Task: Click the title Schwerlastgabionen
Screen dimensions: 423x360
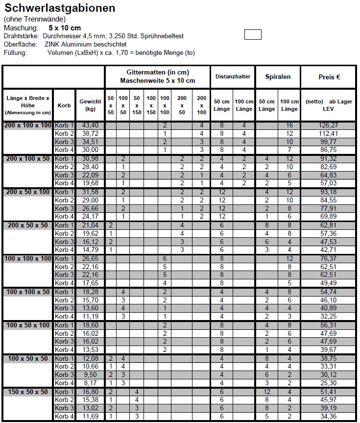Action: point(60,8)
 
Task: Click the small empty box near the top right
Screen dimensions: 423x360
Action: point(253,35)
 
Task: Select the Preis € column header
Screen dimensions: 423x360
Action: point(329,77)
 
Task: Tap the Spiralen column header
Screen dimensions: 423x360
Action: point(278,77)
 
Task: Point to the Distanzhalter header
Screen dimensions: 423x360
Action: point(233,77)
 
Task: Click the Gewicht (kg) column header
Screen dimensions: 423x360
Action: point(90,105)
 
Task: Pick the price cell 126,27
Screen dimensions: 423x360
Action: point(329,125)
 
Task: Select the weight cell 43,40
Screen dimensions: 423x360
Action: point(90,125)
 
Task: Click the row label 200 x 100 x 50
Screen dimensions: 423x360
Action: point(28,158)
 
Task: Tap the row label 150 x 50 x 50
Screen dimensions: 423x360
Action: point(28,392)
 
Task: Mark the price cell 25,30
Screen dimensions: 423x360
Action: point(329,383)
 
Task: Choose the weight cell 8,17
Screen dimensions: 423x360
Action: point(90,383)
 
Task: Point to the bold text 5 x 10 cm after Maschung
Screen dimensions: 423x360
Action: point(65,28)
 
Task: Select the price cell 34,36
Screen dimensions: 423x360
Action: point(329,416)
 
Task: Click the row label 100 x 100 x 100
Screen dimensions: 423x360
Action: point(28,258)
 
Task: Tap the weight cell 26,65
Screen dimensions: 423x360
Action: point(90,258)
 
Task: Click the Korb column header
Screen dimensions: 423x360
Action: point(64,105)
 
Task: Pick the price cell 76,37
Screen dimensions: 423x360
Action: point(329,258)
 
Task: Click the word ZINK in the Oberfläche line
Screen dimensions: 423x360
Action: point(53,44)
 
